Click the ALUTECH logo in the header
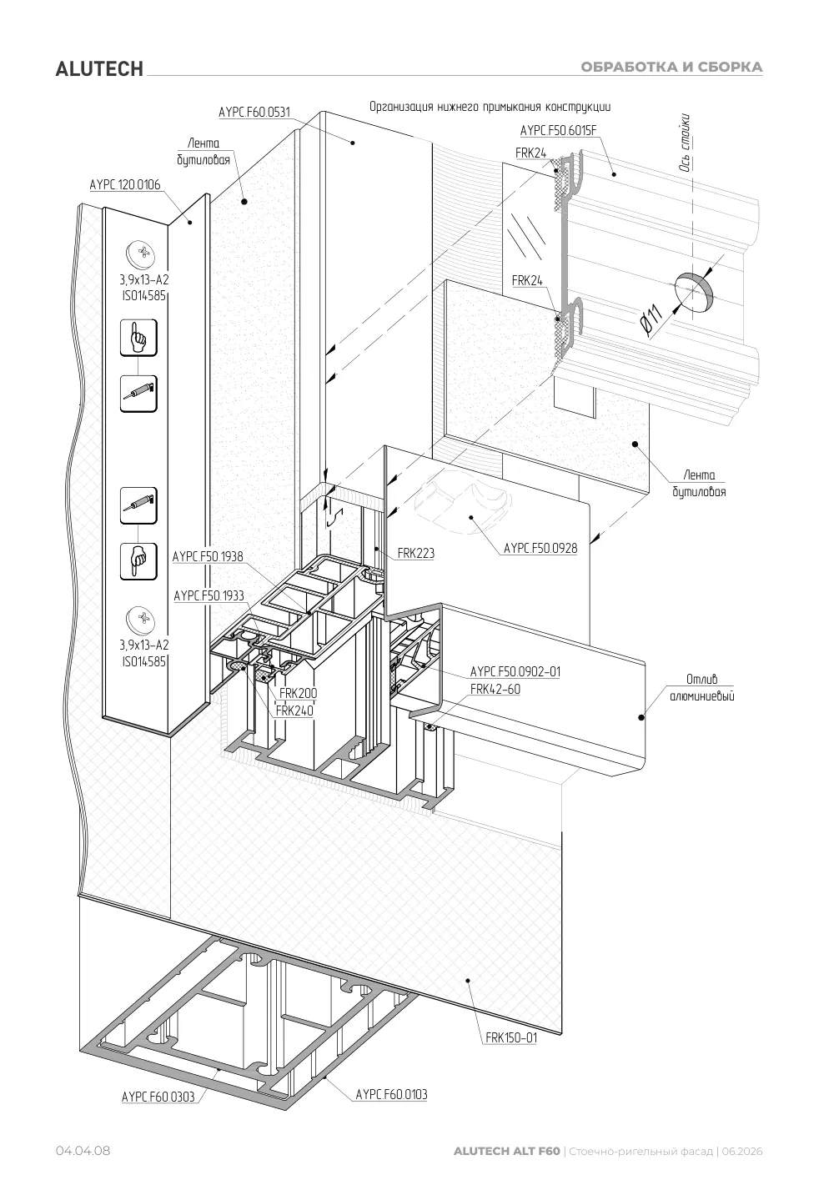[x=99, y=69]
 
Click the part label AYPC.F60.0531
[x=254, y=113]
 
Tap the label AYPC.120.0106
[x=125, y=185]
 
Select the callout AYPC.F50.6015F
[x=559, y=131]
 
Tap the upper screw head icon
[x=141, y=254]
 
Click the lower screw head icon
[x=141, y=620]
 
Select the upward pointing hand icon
[x=138, y=338]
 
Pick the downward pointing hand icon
[x=138, y=561]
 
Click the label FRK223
[x=415, y=553]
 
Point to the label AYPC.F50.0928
[x=540, y=549]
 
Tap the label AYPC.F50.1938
[x=208, y=557]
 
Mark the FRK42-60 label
[x=495, y=689]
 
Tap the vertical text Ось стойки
[x=685, y=143]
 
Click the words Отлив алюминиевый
[x=701, y=687]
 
